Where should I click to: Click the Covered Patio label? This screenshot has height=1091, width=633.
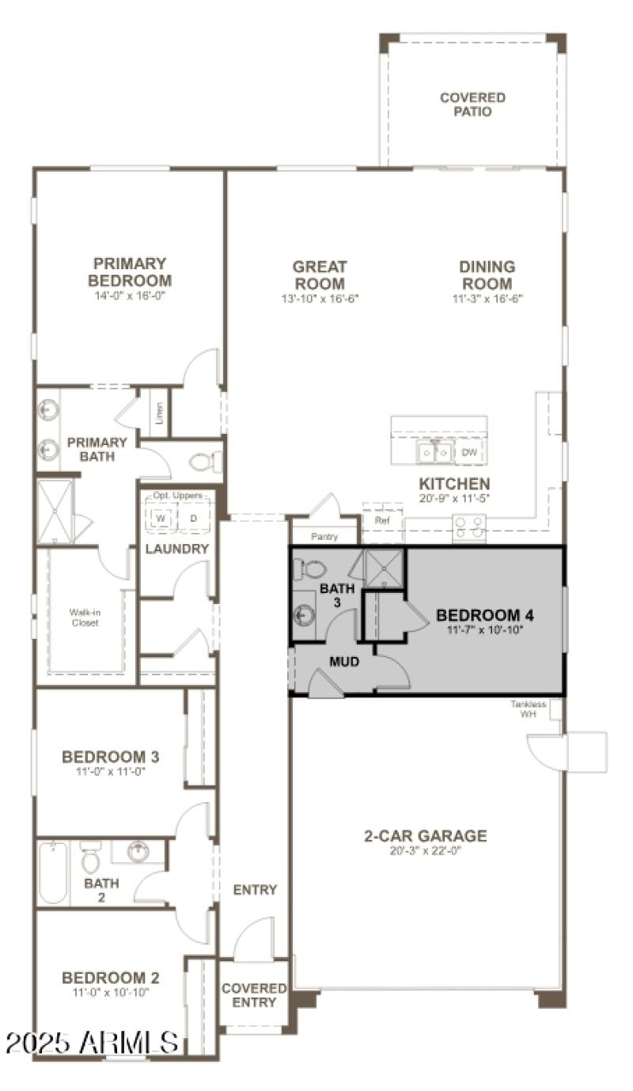[x=472, y=105]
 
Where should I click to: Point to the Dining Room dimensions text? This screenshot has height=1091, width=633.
[x=487, y=298]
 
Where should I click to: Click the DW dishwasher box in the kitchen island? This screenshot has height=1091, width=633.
[x=469, y=453]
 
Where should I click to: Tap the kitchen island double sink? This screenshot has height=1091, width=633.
[x=435, y=452]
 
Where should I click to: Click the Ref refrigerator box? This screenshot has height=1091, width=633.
[x=382, y=521]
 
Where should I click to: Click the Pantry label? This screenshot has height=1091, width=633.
[x=324, y=537]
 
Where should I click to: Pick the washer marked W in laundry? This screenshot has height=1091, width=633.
[x=160, y=518]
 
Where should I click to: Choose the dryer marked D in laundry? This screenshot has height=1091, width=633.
[x=193, y=518]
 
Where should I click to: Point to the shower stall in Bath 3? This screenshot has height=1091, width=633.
[x=384, y=568]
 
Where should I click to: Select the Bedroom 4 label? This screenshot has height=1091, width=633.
[x=479, y=615]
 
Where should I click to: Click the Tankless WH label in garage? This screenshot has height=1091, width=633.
[x=529, y=709]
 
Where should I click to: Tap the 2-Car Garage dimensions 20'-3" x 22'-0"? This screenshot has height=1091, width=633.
[x=425, y=851]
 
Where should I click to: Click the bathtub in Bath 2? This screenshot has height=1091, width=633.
[x=53, y=872]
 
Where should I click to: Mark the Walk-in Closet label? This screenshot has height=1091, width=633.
[x=85, y=618]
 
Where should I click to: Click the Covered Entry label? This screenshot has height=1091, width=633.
[x=253, y=995]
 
